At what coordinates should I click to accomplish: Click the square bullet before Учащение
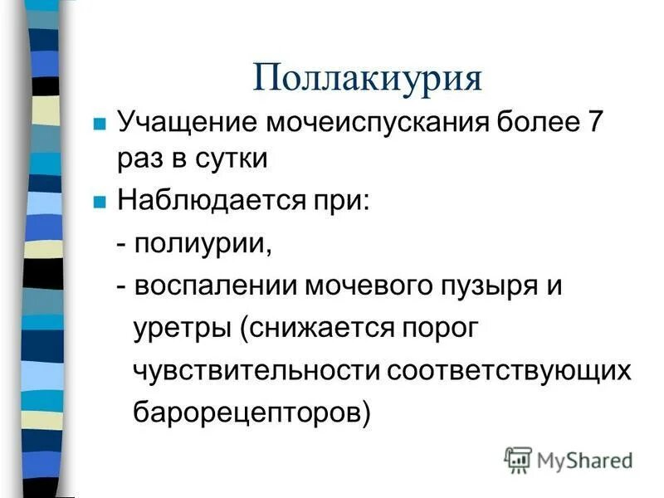(x=99, y=125)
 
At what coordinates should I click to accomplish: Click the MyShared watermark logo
(x=568, y=459)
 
